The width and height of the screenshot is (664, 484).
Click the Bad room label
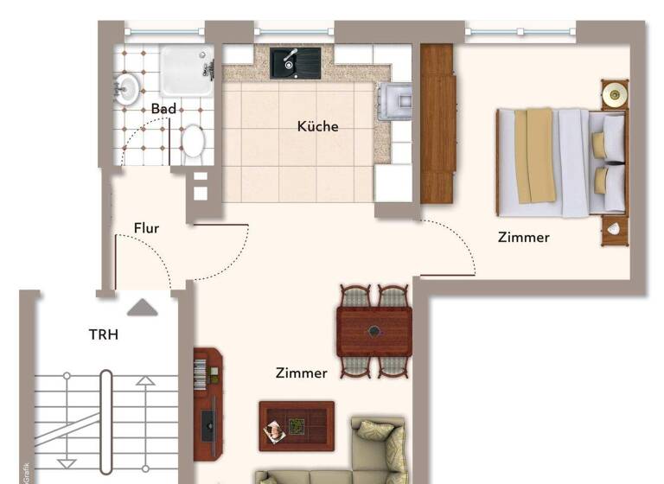(x=163, y=109)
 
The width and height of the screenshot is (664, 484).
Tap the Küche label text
(x=317, y=126)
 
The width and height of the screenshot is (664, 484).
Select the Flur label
(x=146, y=228)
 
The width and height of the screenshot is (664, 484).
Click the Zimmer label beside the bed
(x=523, y=237)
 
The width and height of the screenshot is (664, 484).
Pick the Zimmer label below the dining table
(x=301, y=373)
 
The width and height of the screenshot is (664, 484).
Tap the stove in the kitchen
(x=393, y=102)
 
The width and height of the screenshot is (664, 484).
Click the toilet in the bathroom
(x=193, y=141)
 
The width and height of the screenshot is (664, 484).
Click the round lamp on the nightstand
(x=615, y=94)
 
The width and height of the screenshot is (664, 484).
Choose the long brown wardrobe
(x=437, y=124)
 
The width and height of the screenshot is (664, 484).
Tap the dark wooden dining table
(x=373, y=331)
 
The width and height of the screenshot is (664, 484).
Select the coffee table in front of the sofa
(x=297, y=425)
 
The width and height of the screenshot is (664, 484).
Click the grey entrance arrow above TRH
(x=143, y=307)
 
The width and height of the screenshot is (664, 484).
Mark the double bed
(x=559, y=162)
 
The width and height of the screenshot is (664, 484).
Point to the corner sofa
(x=363, y=458)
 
